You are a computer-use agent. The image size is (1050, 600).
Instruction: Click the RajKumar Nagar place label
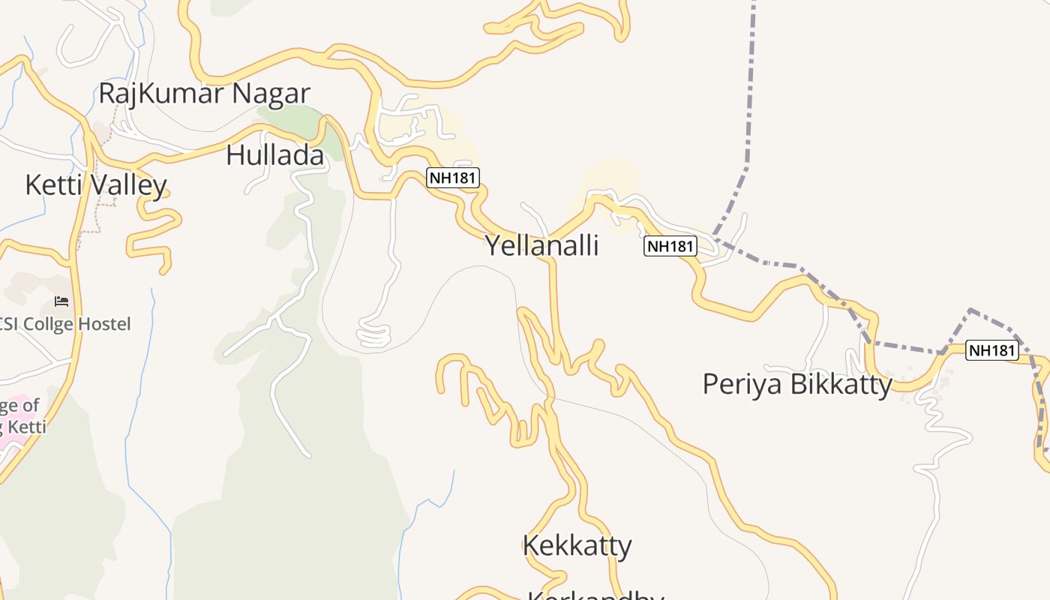click(x=204, y=94)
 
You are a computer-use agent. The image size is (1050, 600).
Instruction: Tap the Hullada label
click(x=274, y=155)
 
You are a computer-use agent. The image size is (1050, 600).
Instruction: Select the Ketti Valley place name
click(x=95, y=184)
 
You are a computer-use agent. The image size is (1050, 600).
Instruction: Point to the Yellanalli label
click(x=541, y=245)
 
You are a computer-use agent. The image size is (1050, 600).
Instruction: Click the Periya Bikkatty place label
click(x=796, y=384)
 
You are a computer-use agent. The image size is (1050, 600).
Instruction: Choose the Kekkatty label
click(x=577, y=545)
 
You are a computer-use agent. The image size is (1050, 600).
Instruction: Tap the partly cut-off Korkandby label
click(x=595, y=595)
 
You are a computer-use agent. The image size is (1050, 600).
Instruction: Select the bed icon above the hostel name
click(x=61, y=301)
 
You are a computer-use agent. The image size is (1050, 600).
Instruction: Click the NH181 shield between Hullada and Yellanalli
click(x=453, y=178)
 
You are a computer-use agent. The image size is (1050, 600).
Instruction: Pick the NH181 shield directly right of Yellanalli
click(x=670, y=246)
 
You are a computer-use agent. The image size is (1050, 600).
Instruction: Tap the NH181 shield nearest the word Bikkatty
click(x=991, y=349)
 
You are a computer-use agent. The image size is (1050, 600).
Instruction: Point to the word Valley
click(x=132, y=185)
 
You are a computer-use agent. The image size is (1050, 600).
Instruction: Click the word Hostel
click(x=106, y=324)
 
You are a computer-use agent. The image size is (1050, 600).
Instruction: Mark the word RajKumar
click(x=160, y=94)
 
